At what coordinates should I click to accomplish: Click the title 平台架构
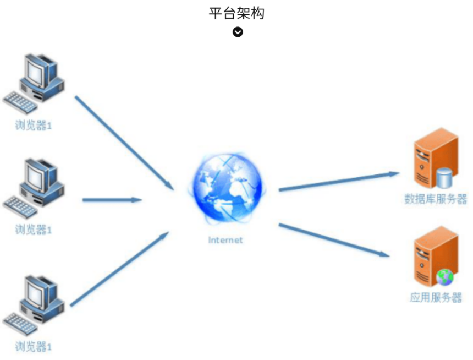pyautogui.click(x=237, y=13)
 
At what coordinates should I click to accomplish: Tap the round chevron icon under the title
pyautogui.click(x=238, y=32)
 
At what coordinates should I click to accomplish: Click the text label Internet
pyautogui.click(x=225, y=240)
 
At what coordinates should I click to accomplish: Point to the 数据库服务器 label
pyautogui.click(x=435, y=199)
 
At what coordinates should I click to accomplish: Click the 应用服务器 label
pyautogui.click(x=435, y=298)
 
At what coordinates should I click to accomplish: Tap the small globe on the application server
pyautogui.click(x=444, y=277)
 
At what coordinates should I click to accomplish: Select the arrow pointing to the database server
pyautogui.click(x=338, y=182)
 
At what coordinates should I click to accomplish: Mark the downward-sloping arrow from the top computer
pyautogui.click(x=124, y=143)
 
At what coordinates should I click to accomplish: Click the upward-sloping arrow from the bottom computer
pyautogui.click(x=118, y=269)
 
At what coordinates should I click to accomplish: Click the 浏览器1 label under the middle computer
pyautogui.click(x=34, y=230)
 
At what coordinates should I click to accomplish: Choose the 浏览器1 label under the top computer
pyautogui.click(x=34, y=126)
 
